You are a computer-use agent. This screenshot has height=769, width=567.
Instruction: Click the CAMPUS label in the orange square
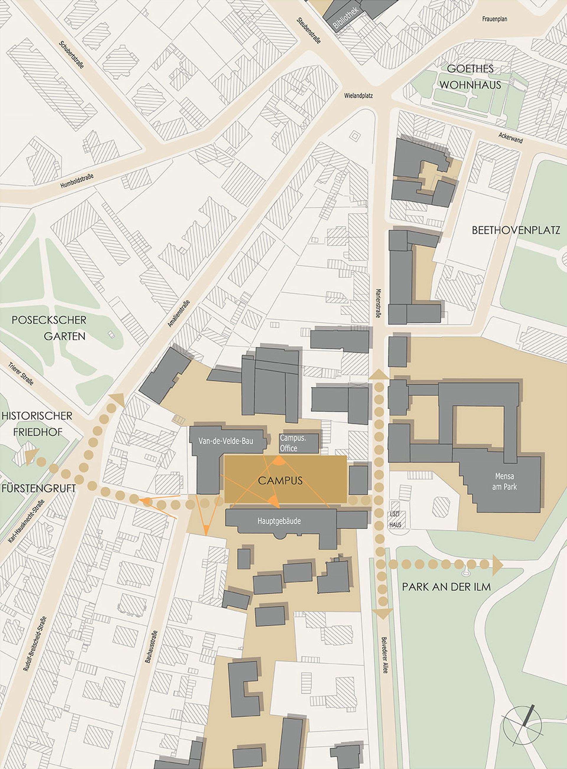tap(280, 481)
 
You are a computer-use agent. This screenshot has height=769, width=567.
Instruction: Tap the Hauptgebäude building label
tap(279, 521)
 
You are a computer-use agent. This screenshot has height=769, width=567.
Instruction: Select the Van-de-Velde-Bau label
tap(226, 441)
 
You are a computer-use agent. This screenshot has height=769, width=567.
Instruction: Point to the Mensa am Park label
tap(504, 481)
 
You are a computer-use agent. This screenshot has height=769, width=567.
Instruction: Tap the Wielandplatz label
tap(358, 96)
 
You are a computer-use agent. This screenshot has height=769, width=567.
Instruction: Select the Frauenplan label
tap(494, 19)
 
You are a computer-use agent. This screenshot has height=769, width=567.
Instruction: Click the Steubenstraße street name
tap(309, 31)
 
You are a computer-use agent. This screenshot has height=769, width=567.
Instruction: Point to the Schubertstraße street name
tap(71, 55)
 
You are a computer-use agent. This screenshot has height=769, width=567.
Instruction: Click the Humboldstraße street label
tap(77, 181)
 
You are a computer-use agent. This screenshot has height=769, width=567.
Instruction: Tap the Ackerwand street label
tap(510, 138)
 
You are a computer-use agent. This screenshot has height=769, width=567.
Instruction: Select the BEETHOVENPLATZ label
tap(516, 231)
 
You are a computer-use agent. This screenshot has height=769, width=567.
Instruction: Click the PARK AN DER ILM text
tap(446, 587)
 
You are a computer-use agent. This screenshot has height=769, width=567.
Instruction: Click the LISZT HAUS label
tap(395, 519)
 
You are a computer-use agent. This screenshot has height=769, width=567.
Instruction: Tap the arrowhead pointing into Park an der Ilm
tap(497, 565)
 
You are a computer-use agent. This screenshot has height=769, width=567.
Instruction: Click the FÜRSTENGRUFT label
tap(38, 488)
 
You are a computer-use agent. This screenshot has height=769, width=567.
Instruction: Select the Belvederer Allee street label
tap(385, 655)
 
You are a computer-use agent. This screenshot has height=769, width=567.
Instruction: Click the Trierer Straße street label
tap(21, 374)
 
